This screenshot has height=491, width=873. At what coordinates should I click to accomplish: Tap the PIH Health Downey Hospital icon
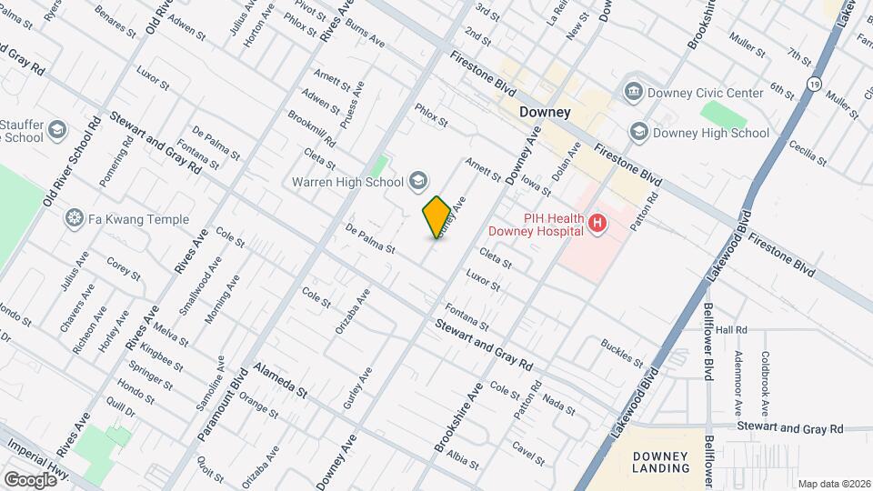coord(597,223)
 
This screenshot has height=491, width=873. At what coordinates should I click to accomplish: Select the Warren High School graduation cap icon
coord(417,181)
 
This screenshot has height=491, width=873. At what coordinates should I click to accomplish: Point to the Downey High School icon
coord(638,133)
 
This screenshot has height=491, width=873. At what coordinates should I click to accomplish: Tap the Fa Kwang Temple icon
coord(74,219)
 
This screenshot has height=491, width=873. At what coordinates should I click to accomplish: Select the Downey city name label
coord(544,113)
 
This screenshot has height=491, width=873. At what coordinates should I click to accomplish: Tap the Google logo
coord(29,479)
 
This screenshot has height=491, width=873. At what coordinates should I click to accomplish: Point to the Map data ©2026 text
coord(833,484)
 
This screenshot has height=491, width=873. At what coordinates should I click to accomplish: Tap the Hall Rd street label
coord(730,330)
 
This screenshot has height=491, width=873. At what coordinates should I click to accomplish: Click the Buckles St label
coord(623,352)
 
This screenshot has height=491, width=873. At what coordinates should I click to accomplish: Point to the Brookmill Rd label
coord(312,130)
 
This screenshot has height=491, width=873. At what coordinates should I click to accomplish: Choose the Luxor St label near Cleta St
coord(483,279)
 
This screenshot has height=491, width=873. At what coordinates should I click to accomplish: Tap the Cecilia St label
coord(806,154)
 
